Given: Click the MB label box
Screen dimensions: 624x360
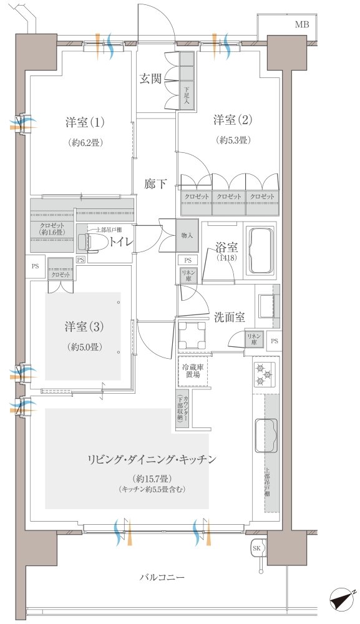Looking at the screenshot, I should tap(301, 25).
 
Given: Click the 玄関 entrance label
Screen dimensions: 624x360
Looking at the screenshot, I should tap(150, 79).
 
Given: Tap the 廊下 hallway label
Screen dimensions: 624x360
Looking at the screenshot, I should tap(155, 183).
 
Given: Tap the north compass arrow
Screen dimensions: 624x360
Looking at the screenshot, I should tap(342, 600).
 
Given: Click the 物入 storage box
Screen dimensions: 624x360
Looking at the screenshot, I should tap(187, 235).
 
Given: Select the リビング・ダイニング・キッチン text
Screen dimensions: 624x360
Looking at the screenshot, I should tap(152, 460).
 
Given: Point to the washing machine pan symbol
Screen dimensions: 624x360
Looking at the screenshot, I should tap(192, 336).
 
